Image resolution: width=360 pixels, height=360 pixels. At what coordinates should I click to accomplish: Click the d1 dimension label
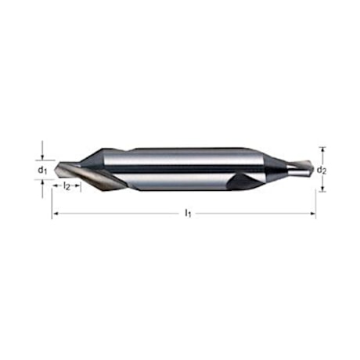tap(43, 168)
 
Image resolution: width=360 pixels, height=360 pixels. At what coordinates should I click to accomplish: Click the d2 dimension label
tap(322, 168)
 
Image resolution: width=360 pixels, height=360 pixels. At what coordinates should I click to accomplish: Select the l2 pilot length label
tap(67, 186)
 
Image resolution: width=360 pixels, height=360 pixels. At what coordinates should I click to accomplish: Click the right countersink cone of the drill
tap(274, 167)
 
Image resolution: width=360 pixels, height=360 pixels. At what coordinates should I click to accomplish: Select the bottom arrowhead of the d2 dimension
tap(322, 187)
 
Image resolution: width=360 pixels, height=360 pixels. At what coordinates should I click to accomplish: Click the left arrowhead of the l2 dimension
tap(56, 186)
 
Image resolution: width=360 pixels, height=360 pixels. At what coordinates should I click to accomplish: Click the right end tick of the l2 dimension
tap(79, 186)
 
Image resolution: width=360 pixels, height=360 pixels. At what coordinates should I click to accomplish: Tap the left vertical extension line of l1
tap(52, 202)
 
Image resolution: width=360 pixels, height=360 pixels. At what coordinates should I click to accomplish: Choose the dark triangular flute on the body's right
tap(242, 181)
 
